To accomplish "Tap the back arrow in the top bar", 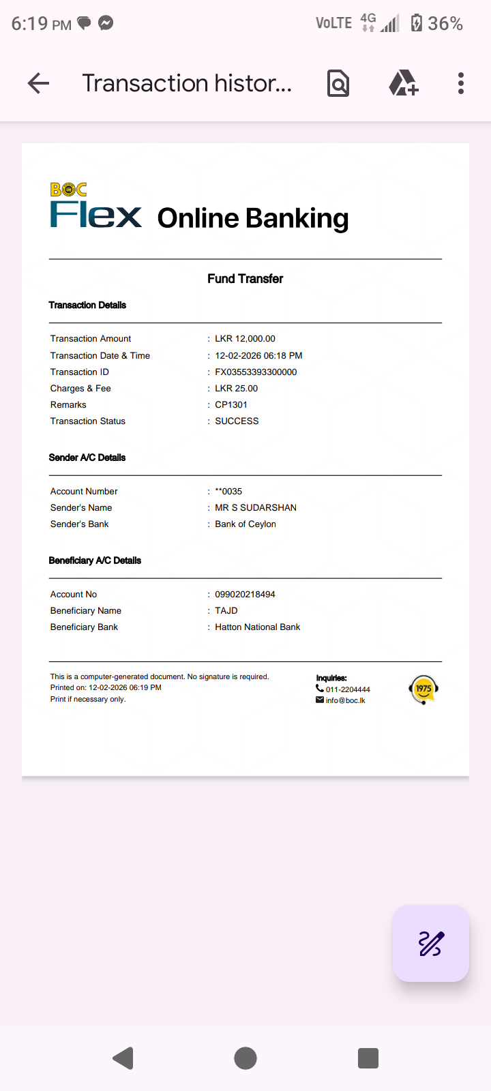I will tap(39, 83).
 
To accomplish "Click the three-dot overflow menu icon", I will tap(461, 83).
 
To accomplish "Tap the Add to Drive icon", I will tap(403, 83).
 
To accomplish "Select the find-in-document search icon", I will tap(338, 83).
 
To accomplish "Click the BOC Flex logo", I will tap(95, 206).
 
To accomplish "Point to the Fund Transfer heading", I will tap(245, 278).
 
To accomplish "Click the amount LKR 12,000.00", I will tap(245, 338).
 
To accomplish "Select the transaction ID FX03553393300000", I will tap(256, 372).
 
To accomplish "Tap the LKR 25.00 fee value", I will tap(236, 388).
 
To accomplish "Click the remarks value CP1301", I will tap(231, 404).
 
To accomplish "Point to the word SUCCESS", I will tap(237, 421).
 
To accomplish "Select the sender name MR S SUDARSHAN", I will tap(256, 507).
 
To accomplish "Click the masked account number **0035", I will tap(228, 491).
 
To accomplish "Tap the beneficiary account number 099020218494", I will tap(245, 594).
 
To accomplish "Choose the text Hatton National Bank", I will tap(257, 627).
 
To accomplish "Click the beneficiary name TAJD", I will tap(226, 610).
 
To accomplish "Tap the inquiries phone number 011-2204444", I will tap(347, 689).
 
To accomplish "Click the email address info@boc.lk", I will tap(345, 700).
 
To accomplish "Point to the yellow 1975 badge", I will tap(423, 689).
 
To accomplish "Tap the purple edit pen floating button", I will tap(431, 944).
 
